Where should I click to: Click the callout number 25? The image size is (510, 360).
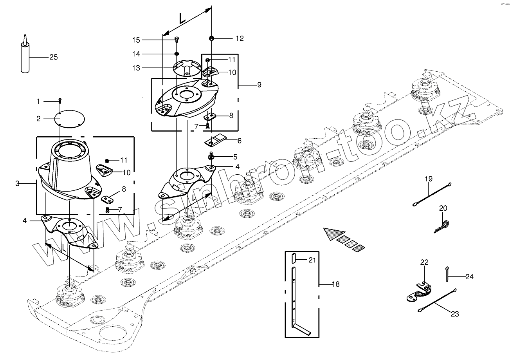coord(53,57)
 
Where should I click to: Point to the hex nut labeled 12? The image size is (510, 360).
coord(211,38)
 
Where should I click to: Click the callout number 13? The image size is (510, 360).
coord(135,68)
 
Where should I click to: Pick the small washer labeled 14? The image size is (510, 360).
coord(177,53)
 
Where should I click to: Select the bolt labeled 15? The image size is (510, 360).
coord(177,39)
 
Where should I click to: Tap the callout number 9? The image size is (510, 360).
coord(259,85)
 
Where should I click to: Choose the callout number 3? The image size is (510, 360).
coord(17,183)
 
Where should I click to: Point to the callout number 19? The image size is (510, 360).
coord(429,179)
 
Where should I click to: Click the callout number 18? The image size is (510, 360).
coord(335,284)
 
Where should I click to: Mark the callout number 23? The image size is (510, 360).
coord(455,313)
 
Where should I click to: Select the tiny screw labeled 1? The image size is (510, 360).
coord(59,100)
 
